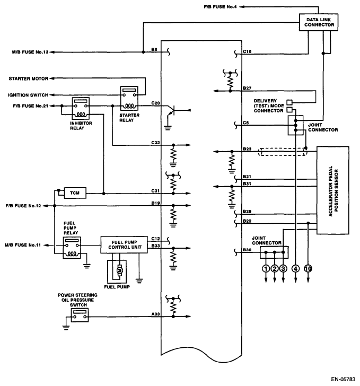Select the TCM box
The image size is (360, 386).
click(74, 193)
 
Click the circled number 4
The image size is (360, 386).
click(295, 269)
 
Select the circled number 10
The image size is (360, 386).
click(309, 269)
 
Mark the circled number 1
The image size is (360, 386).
click(265, 269)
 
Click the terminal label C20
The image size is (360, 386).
click(155, 103)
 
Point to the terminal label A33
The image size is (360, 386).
click(155, 314)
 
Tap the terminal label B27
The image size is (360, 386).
click(247, 86)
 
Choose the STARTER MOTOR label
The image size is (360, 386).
click(28, 78)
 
